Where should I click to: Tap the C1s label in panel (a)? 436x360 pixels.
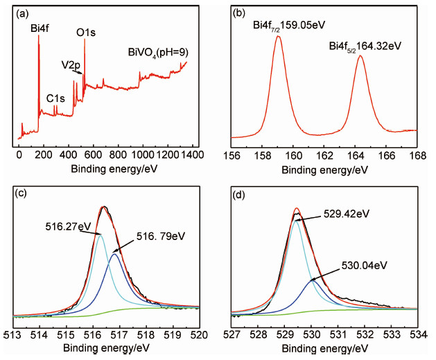(x=55, y=98)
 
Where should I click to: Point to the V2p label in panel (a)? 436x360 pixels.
(x=71, y=65)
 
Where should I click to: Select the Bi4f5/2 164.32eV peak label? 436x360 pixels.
(x=365, y=46)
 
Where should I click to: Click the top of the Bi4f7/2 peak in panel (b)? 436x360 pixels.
(x=278, y=37)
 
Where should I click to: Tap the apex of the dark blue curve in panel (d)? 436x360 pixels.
(x=313, y=279)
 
